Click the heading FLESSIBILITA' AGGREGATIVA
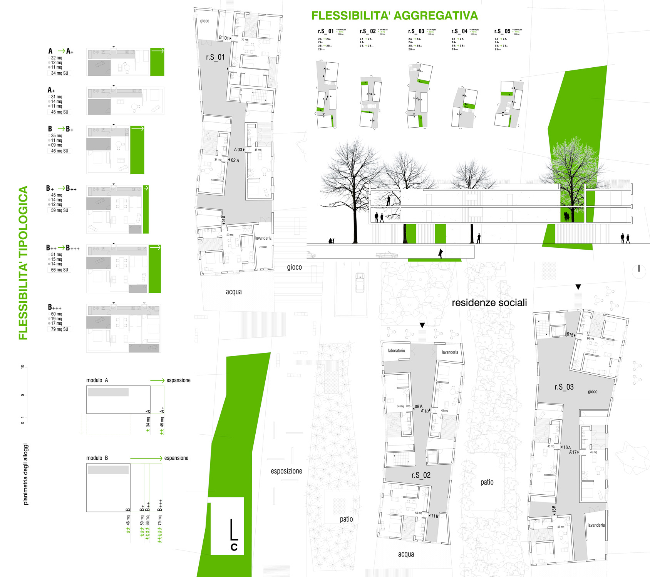tap(394, 16)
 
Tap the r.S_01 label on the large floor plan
tap(215, 57)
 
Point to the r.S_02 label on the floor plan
tap(421, 475)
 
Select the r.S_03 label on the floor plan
tap(564, 387)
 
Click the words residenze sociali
tap(489, 303)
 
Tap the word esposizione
tap(286, 471)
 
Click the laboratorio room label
tap(396, 351)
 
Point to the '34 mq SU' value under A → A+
tap(60, 73)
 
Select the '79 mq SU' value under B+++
tap(60, 329)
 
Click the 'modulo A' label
tap(97, 380)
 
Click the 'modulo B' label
tap(97, 458)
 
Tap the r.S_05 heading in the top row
tap(502, 31)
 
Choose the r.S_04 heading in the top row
tap(459, 31)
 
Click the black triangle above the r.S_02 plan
tap(422, 325)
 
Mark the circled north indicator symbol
tap(639, 269)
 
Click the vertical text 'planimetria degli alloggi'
tap(26, 474)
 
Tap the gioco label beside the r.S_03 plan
tap(593, 392)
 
